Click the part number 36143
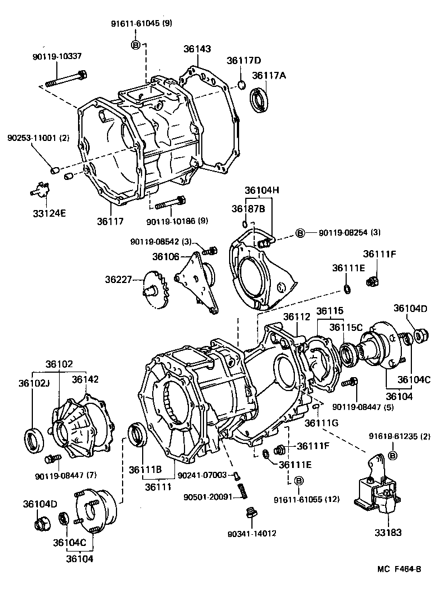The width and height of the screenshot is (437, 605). [x=197, y=49]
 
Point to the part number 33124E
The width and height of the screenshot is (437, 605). [x=48, y=212]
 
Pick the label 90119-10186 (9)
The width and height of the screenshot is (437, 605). [x=177, y=221]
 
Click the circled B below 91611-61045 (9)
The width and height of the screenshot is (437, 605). [x=135, y=45]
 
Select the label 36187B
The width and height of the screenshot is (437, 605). [x=248, y=208]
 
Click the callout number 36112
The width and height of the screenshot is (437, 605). [x=297, y=316]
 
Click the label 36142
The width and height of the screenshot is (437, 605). [x=85, y=379]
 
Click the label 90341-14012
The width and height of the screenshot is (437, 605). [x=252, y=533]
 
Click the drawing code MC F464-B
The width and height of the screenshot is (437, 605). [x=399, y=569]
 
